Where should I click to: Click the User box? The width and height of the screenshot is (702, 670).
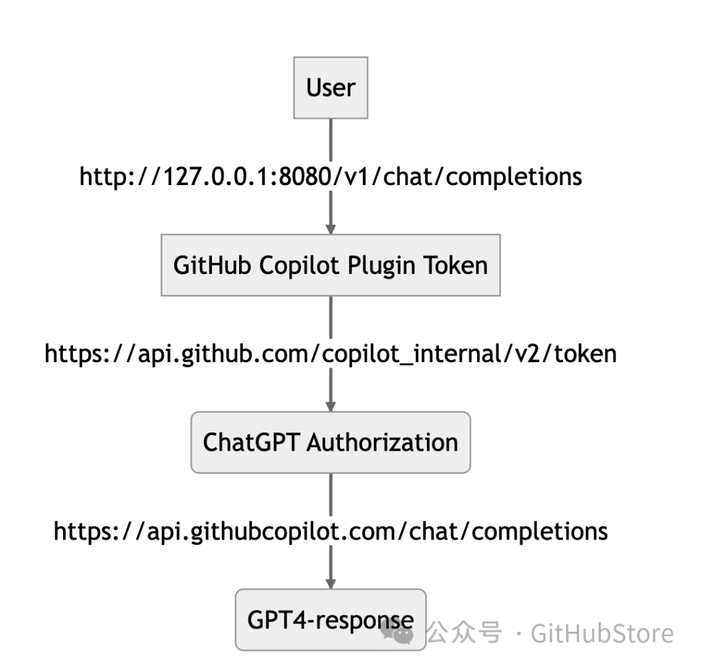330,88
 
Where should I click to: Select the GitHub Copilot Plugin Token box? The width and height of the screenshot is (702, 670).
330,265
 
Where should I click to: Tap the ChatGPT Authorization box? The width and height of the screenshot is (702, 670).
330,442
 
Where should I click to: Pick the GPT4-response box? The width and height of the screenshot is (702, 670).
330,619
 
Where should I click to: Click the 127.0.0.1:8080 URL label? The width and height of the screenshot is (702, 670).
330,176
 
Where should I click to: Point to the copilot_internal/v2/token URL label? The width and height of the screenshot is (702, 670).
330,353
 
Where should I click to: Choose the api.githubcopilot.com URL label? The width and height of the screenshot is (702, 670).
330,530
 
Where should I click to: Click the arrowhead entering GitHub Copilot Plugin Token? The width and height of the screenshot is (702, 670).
330,229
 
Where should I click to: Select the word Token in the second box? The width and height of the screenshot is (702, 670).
455,265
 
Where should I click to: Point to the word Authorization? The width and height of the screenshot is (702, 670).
382,442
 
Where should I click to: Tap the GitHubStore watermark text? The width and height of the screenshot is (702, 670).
602,632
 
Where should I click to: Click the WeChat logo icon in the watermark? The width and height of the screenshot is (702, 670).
397,632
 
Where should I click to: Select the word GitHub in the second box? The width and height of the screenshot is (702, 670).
207,265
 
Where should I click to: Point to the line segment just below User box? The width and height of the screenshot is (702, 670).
330,140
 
